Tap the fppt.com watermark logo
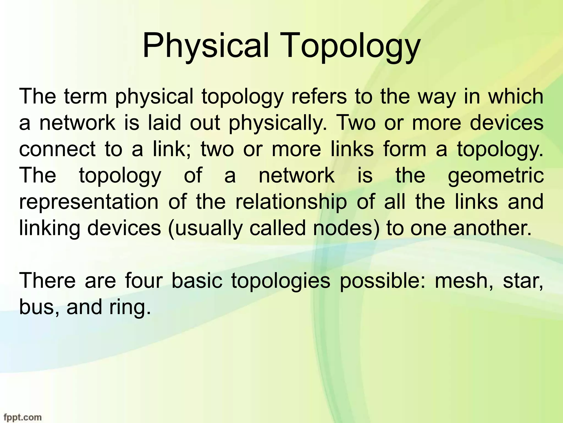(x=21, y=417)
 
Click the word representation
(x=89, y=202)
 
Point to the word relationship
(x=291, y=202)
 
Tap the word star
(x=523, y=281)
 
